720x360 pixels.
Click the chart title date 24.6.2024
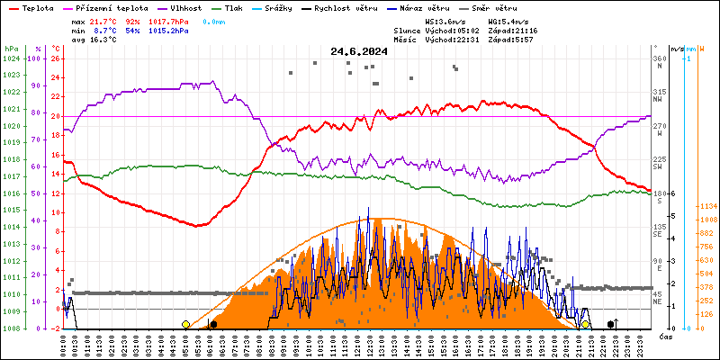[359, 51]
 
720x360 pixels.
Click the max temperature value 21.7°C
[106, 21]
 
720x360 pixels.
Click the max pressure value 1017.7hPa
[169, 21]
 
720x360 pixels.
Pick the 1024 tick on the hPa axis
[12, 58]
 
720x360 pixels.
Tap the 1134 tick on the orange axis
[707, 206]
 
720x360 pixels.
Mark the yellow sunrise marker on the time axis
[185, 324]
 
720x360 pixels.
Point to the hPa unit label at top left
[11, 48]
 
